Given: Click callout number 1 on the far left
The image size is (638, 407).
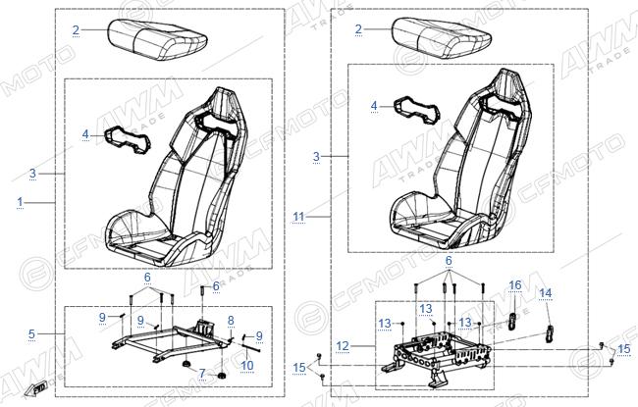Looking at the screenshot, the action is (20, 202).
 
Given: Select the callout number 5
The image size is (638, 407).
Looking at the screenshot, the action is (31, 333).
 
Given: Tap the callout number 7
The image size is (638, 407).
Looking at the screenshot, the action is (202, 373).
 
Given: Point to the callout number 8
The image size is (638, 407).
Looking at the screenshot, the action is (231, 321).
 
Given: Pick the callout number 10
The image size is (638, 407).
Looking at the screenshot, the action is (247, 365).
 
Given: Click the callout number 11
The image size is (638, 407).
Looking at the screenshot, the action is (298, 217).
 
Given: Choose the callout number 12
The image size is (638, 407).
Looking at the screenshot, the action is (343, 346).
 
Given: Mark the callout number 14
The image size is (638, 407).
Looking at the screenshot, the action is (545, 293).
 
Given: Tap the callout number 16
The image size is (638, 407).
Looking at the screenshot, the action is (515, 285).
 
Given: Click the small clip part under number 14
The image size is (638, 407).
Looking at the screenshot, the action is (550, 334).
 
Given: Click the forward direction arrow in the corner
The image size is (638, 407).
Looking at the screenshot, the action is (34, 389).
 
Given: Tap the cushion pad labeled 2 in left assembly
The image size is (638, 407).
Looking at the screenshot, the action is (158, 40).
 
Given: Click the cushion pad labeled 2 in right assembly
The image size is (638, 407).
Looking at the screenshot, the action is (442, 40).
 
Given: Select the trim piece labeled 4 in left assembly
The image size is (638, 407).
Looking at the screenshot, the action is (129, 140).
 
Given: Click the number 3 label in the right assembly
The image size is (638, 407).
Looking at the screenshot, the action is (317, 156).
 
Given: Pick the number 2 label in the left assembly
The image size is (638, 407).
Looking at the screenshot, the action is (77, 29).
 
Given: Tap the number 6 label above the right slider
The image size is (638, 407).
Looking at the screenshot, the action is (449, 260).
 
